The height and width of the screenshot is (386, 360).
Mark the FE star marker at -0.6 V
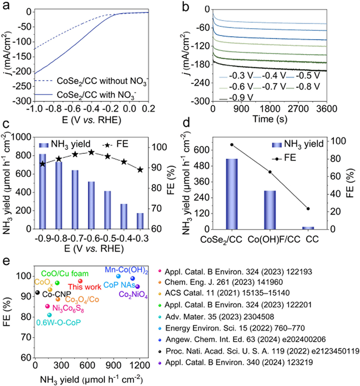tap(91, 152)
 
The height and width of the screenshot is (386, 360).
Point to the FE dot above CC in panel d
tap(308, 208)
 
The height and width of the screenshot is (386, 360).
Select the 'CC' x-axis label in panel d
tap(308, 238)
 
